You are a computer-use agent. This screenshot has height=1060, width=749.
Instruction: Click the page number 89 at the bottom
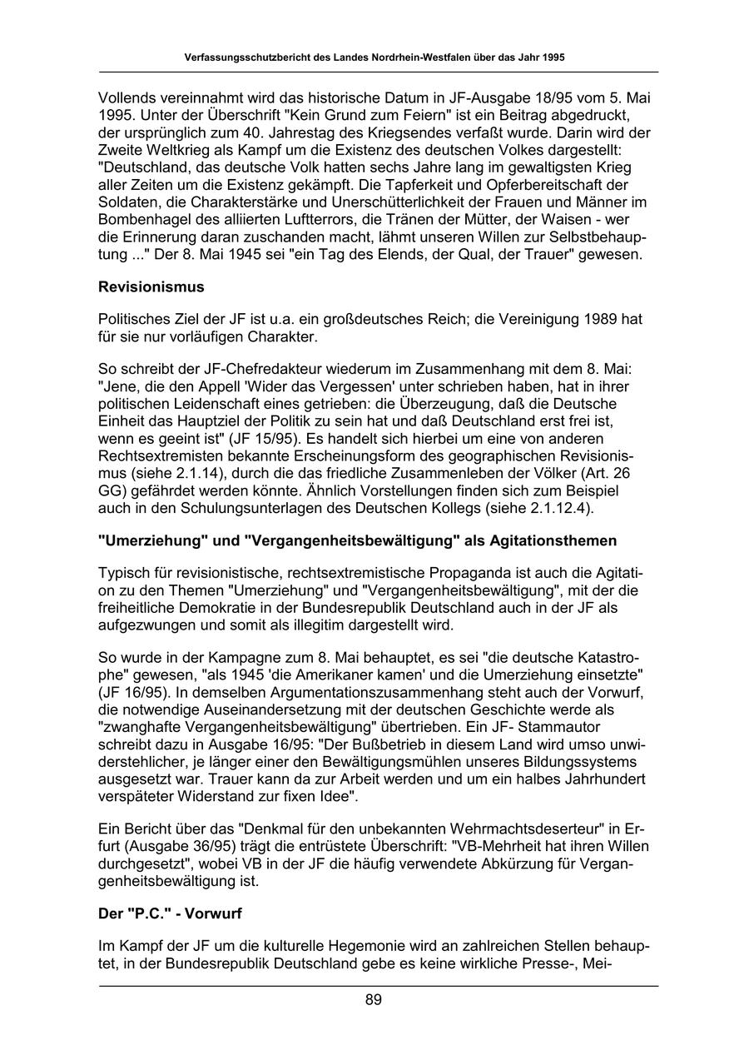pyautogui.click(x=374, y=1000)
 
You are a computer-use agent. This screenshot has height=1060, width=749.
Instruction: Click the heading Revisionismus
pyautogui.click(x=151, y=287)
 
